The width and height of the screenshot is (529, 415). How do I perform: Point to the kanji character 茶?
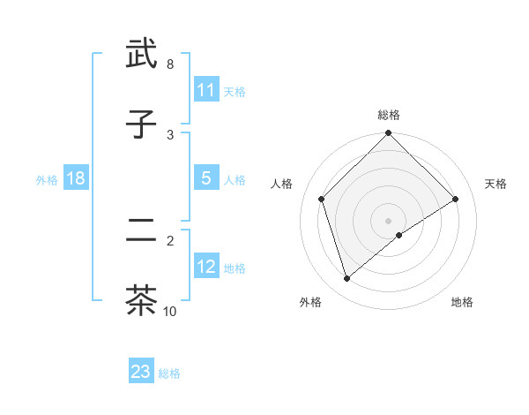tap(142, 299)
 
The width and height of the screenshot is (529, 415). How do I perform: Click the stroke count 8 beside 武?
tap(170, 64)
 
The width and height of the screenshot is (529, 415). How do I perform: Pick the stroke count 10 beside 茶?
tap(170, 311)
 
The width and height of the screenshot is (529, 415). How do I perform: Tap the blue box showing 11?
tap(206, 89)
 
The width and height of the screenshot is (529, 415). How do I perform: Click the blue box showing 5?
tap(206, 177)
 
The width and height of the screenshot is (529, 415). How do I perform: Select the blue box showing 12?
tap(206, 266)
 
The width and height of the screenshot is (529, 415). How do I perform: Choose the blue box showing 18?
tap(76, 177)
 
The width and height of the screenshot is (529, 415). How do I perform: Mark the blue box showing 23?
tap(141, 372)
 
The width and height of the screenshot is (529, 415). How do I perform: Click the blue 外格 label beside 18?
tap(47, 179)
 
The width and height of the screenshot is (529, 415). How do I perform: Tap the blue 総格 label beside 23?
tap(169, 373)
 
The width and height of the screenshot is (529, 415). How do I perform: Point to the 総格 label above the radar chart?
tap(389, 115)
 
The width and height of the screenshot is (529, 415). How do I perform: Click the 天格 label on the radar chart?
tap(496, 184)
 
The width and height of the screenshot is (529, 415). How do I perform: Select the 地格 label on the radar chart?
tap(462, 302)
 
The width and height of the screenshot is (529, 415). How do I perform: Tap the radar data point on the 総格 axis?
tap(389, 134)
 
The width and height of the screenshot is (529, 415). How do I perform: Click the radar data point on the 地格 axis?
tap(399, 235)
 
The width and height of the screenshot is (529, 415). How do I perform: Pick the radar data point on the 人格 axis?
tap(322, 199)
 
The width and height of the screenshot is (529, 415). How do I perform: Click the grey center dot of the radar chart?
tap(389, 220)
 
